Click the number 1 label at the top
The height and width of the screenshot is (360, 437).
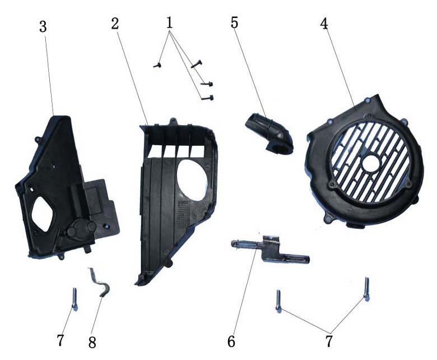pyautogui.click(x=169, y=23)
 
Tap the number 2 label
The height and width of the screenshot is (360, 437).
pyautogui.click(x=115, y=24)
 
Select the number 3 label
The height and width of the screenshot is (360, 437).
pyautogui.click(x=43, y=27)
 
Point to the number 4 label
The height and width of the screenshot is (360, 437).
pyautogui.click(x=324, y=24)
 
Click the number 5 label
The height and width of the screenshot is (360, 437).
pyautogui.click(x=234, y=23)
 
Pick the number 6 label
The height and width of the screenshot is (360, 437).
pyautogui.click(x=231, y=341)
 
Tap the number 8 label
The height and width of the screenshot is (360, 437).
pyautogui.click(x=92, y=343)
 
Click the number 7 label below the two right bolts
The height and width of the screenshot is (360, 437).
pyautogui.click(x=329, y=341)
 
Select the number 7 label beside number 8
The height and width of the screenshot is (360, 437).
pyautogui.click(x=61, y=340)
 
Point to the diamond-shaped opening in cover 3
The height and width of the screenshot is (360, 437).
pyautogui.click(x=42, y=214)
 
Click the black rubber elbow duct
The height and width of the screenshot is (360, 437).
pyautogui.click(x=269, y=133)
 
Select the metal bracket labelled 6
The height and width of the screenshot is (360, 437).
pyautogui.click(x=270, y=249)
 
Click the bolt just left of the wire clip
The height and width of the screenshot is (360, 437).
pyautogui.click(x=75, y=299)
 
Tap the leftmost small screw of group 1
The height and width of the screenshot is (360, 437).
pyautogui.click(x=157, y=65)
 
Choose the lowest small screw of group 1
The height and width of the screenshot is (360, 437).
pyautogui.click(x=207, y=98)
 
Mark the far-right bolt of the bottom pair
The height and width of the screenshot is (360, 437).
pyautogui.click(x=366, y=289)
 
